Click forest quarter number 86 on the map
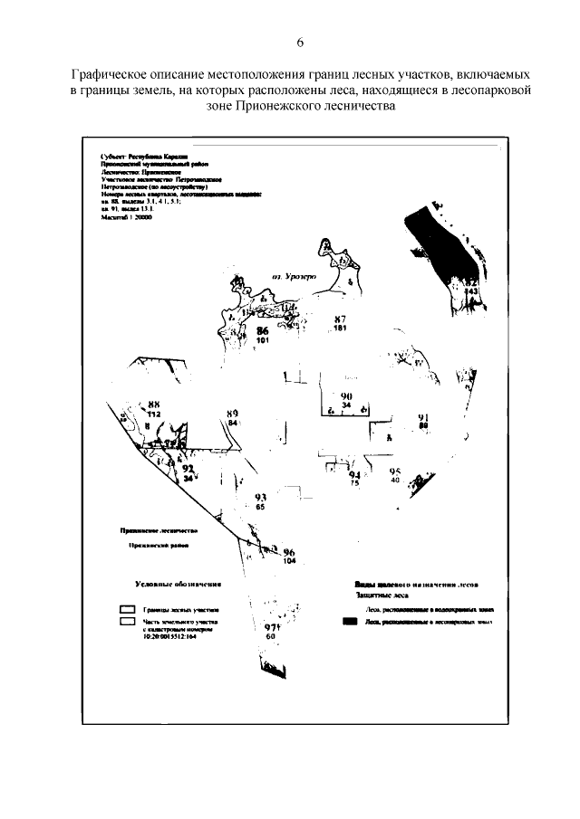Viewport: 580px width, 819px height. pos(263,332)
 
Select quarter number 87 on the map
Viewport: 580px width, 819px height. pos(340,319)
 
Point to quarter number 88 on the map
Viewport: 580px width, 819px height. pos(154,405)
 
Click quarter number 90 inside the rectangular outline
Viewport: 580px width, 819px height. pos(346,397)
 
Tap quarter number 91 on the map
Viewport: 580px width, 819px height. pos(422,416)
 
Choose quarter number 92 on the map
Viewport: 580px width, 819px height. pos(188,469)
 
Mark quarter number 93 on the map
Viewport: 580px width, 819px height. pos(260,498)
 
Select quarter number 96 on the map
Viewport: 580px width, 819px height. pos(289,552)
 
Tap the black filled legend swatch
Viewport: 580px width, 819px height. pos(350,622)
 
